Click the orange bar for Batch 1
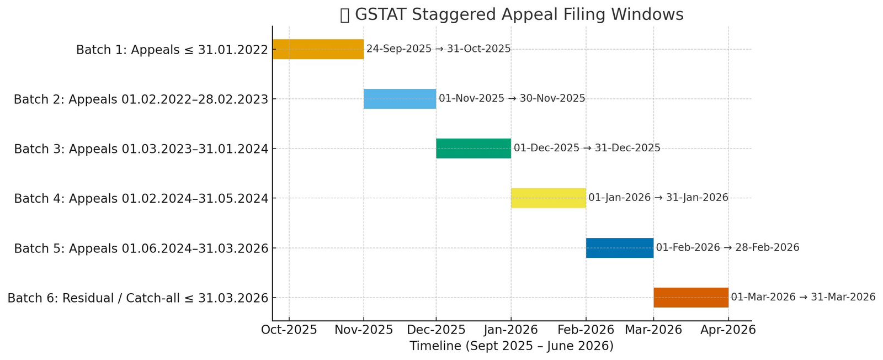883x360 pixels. [318, 49]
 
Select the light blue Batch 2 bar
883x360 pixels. [400, 99]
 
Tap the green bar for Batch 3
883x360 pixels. [473, 149]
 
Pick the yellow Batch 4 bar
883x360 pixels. [548, 198]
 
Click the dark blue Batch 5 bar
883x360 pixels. [619, 248]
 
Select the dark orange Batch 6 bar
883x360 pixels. [690, 298]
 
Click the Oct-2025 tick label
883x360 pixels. [289, 330]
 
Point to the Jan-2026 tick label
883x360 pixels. [510, 330]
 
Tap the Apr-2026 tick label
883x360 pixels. [728, 330]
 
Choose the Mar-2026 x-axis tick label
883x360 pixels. [653, 330]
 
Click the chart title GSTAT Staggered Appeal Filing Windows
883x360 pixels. [512, 14]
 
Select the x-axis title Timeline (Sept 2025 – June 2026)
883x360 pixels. [511, 346]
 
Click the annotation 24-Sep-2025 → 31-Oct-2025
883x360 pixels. [438, 49]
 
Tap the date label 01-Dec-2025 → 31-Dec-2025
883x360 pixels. [587, 149]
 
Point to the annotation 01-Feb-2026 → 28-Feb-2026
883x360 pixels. [727, 248]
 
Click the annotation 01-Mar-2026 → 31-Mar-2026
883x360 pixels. [803, 298]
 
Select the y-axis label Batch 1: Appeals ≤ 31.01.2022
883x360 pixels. [172, 50]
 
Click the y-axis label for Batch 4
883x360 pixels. [141, 199]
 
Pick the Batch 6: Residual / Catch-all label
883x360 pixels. [138, 299]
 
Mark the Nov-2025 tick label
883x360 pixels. [364, 330]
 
